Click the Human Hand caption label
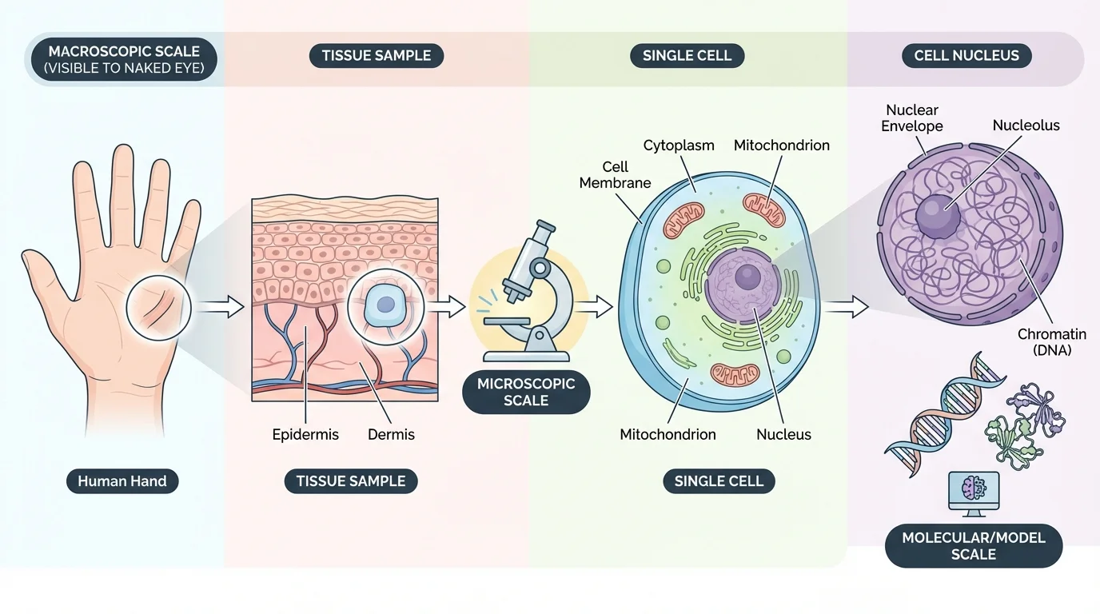tap(122, 481)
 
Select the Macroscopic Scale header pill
tap(123, 60)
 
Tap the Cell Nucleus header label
tap(971, 55)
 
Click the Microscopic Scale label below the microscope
tap(526, 392)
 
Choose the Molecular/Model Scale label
tap(973, 546)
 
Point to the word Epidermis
tap(305, 435)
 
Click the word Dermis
tap(391, 435)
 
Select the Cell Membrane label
tap(615, 174)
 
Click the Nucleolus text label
tap(1026, 126)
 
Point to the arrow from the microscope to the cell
tap(593, 305)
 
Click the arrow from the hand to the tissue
tap(218, 306)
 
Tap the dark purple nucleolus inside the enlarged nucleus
tap(937, 217)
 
